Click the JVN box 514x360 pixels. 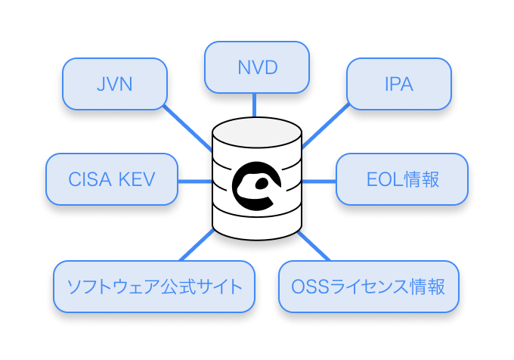point(115,83)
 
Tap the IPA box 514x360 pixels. point(398,83)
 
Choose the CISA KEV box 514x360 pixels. point(111,179)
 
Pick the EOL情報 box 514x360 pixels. point(402,179)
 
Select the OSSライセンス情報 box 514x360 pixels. point(368,287)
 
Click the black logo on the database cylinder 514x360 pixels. point(258,186)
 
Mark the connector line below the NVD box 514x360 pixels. point(258,104)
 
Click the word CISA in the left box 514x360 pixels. point(91,179)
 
